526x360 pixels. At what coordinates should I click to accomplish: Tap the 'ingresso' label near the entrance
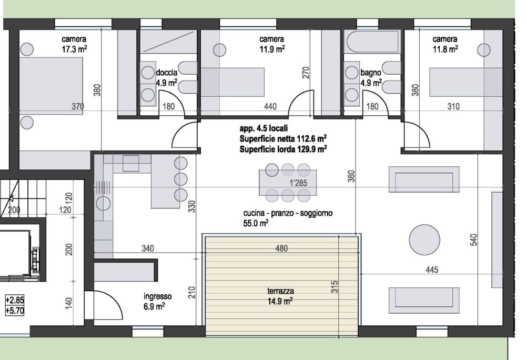[x=155, y=296]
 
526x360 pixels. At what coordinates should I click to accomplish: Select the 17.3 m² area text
[x=74, y=48]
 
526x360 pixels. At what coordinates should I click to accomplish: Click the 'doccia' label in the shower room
[x=167, y=73]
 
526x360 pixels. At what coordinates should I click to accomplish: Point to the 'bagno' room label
[x=370, y=73]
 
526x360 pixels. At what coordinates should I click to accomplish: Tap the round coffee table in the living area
[x=424, y=241]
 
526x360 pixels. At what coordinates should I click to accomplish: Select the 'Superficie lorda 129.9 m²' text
[x=283, y=149]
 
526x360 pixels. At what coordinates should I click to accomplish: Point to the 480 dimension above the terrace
[x=282, y=248]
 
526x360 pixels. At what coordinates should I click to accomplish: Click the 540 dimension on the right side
[x=473, y=240]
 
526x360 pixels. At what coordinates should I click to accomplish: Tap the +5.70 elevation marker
[x=14, y=310]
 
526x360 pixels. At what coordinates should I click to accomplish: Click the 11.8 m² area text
[x=444, y=48]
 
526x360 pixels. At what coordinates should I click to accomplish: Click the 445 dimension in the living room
[x=431, y=270]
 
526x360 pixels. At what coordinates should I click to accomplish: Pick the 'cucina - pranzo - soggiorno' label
[x=288, y=213]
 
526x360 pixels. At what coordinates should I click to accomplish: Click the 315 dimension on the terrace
[x=335, y=287]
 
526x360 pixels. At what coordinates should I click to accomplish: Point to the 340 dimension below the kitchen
[x=148, y=248]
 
